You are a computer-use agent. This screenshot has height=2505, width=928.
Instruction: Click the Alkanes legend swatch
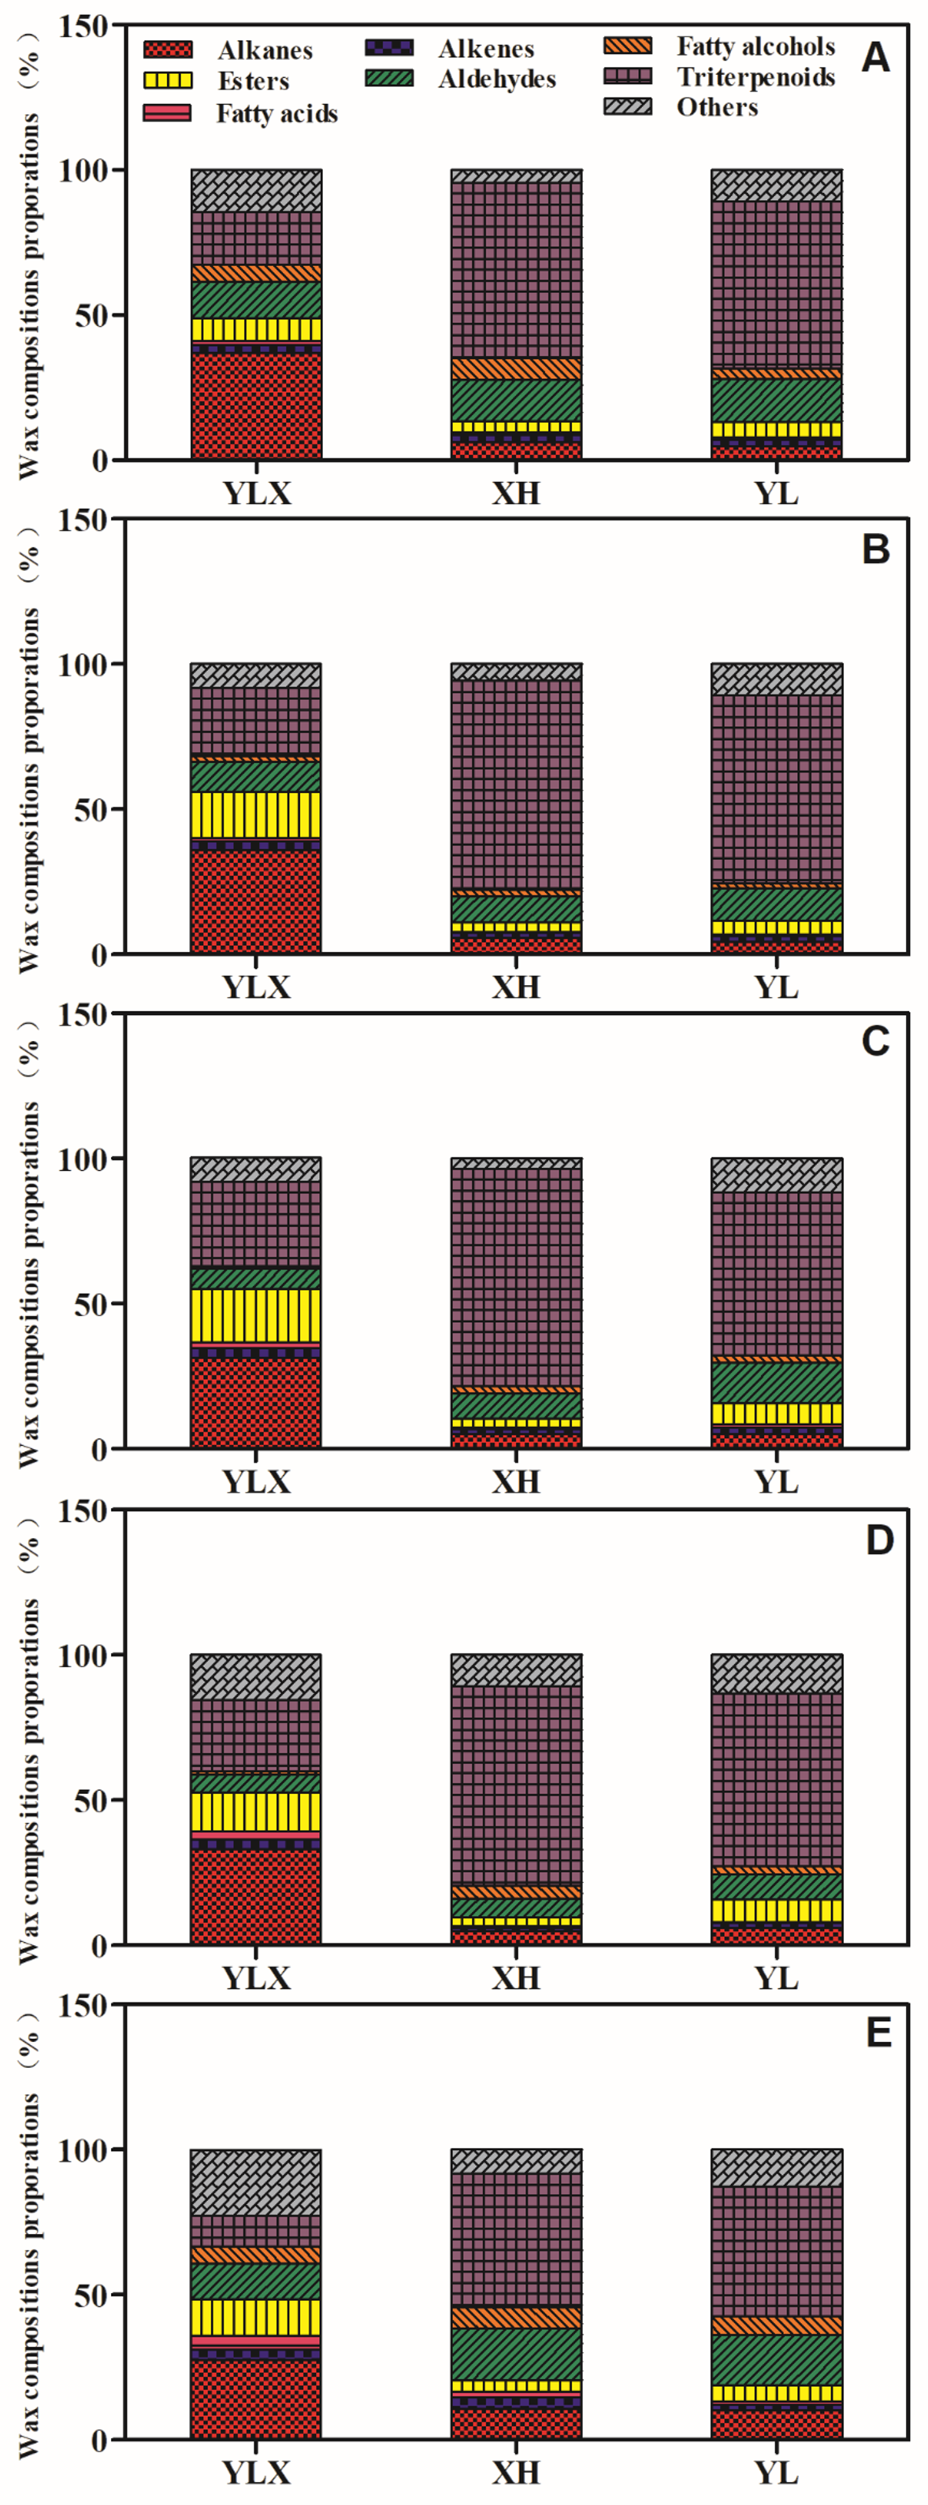[x=167, y=50]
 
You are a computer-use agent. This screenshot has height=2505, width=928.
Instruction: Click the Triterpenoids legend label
[x=755, y=77]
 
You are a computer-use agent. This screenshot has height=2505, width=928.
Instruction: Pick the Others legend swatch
[x=627, y=106]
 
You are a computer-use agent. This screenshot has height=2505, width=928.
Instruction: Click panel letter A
[x=874, y=58]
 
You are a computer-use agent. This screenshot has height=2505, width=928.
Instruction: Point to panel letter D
[x=878, y=1540]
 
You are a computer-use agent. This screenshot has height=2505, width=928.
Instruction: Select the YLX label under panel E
[x=256, y=2471]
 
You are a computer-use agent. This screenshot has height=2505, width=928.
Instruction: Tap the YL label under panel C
[x=776, y=1482]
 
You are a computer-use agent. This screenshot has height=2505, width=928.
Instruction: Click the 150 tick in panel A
[x=83, y=26]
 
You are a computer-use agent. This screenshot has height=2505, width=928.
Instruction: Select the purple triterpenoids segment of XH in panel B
[x=515, y=783]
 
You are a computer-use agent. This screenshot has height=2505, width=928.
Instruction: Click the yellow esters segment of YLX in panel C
[x=256, y=1315]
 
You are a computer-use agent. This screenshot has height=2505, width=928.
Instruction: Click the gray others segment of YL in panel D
[x=776, y=1673]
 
